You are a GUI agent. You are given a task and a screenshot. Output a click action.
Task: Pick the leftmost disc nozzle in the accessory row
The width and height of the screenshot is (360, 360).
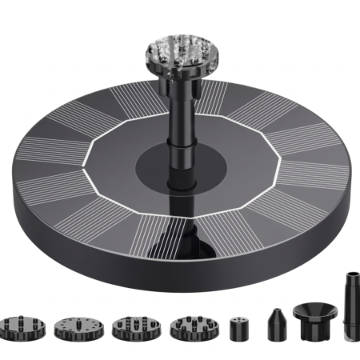click(22, 326)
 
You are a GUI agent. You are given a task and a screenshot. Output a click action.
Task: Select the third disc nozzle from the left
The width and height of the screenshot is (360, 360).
click(132, 326)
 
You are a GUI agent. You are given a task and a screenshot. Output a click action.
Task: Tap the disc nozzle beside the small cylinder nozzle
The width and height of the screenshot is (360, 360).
click(189, 326)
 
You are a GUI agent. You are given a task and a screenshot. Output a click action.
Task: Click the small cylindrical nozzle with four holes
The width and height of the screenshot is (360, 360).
click(237, 327)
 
